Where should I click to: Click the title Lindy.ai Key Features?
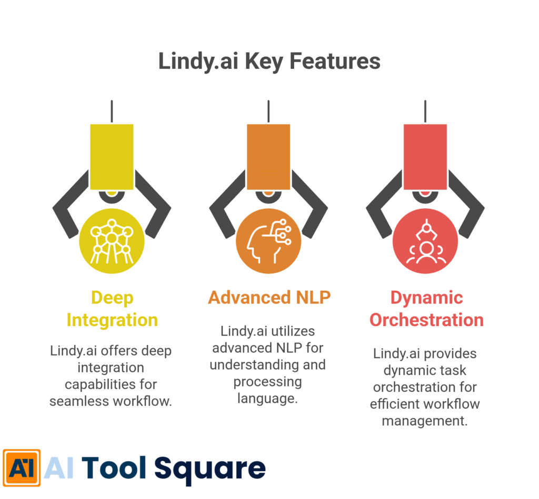click(x=269, y=62)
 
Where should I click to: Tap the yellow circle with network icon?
click(x=112, y=241)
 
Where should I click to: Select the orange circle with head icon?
click(x=268, y=241)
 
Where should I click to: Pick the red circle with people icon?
click(x=425, y=241)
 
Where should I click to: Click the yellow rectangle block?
click(x=112, y=156)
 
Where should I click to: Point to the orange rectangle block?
click(x=268, y=156)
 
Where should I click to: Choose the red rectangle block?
click(x=425, y=156)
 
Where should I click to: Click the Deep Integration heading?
click(x=112, y=309)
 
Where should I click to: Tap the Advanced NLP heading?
click(x=269, y=298)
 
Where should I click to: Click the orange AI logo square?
click(x=22, y=467)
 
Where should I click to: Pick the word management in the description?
click(x=425, y=421)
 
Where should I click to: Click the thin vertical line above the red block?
click(x=425, y=111)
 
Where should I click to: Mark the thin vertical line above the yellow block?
click(x=112, y=111)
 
